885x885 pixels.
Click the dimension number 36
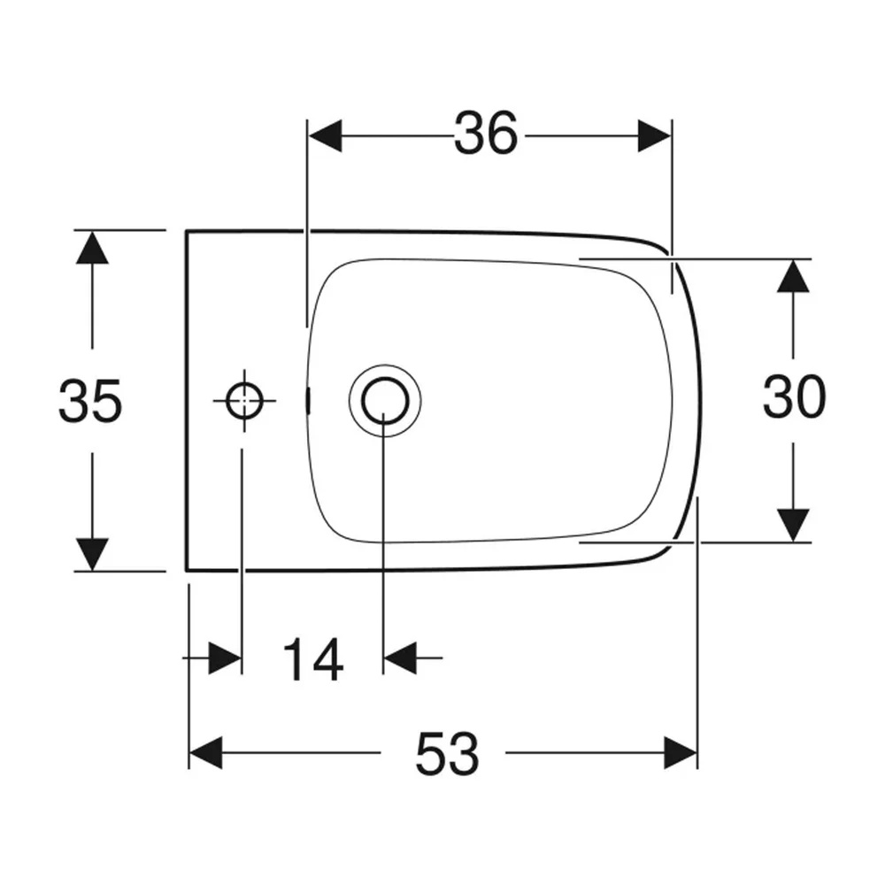485,134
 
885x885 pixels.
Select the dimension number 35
90,401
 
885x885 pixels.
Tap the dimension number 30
794,396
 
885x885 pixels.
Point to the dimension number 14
313,659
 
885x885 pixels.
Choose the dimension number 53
447,753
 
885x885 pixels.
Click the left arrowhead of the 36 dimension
325,135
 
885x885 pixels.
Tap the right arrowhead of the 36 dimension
655,135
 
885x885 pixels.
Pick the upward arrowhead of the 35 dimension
92,247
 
